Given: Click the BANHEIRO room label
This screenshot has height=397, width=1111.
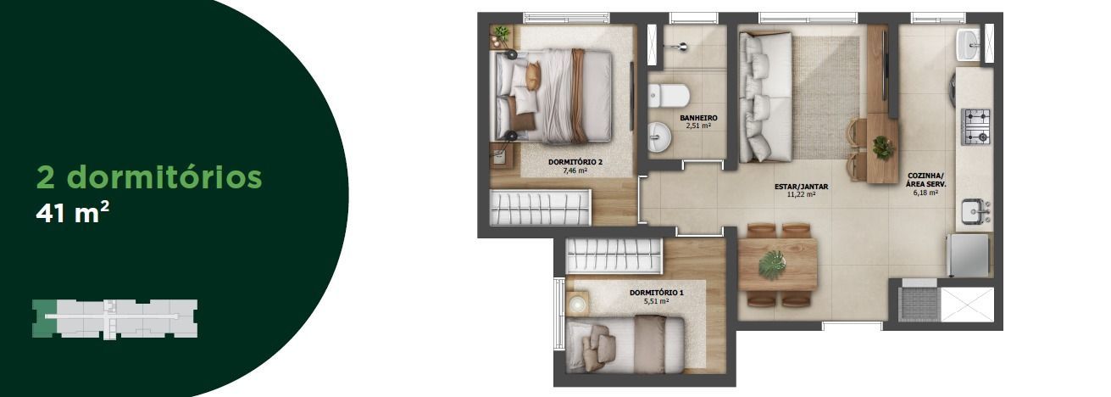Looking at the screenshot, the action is pos(698,118).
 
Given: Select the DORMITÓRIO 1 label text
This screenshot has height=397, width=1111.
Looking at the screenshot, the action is pos(657,293).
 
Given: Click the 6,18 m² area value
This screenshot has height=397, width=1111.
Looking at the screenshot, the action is pos(925,193).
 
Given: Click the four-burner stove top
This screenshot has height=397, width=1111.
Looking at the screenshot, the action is pos(976,126).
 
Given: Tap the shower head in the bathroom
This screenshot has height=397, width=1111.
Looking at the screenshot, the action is pos(680,46).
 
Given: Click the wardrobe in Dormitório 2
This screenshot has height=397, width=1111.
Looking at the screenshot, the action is pos(540,207).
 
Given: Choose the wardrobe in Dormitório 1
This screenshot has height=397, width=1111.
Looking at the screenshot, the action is pos(614,255).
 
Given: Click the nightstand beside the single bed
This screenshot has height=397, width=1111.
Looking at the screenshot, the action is pos(577,303).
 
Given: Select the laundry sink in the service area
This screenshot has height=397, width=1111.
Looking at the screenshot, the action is pos(968,45).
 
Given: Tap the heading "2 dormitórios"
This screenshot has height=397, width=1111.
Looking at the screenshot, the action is pos(149,176).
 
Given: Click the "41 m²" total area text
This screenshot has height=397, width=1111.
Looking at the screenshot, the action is pos(72,214).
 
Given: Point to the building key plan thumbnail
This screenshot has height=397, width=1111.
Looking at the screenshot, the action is pos(115,319).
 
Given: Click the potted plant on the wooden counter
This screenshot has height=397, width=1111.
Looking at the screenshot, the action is pos(883,147).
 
